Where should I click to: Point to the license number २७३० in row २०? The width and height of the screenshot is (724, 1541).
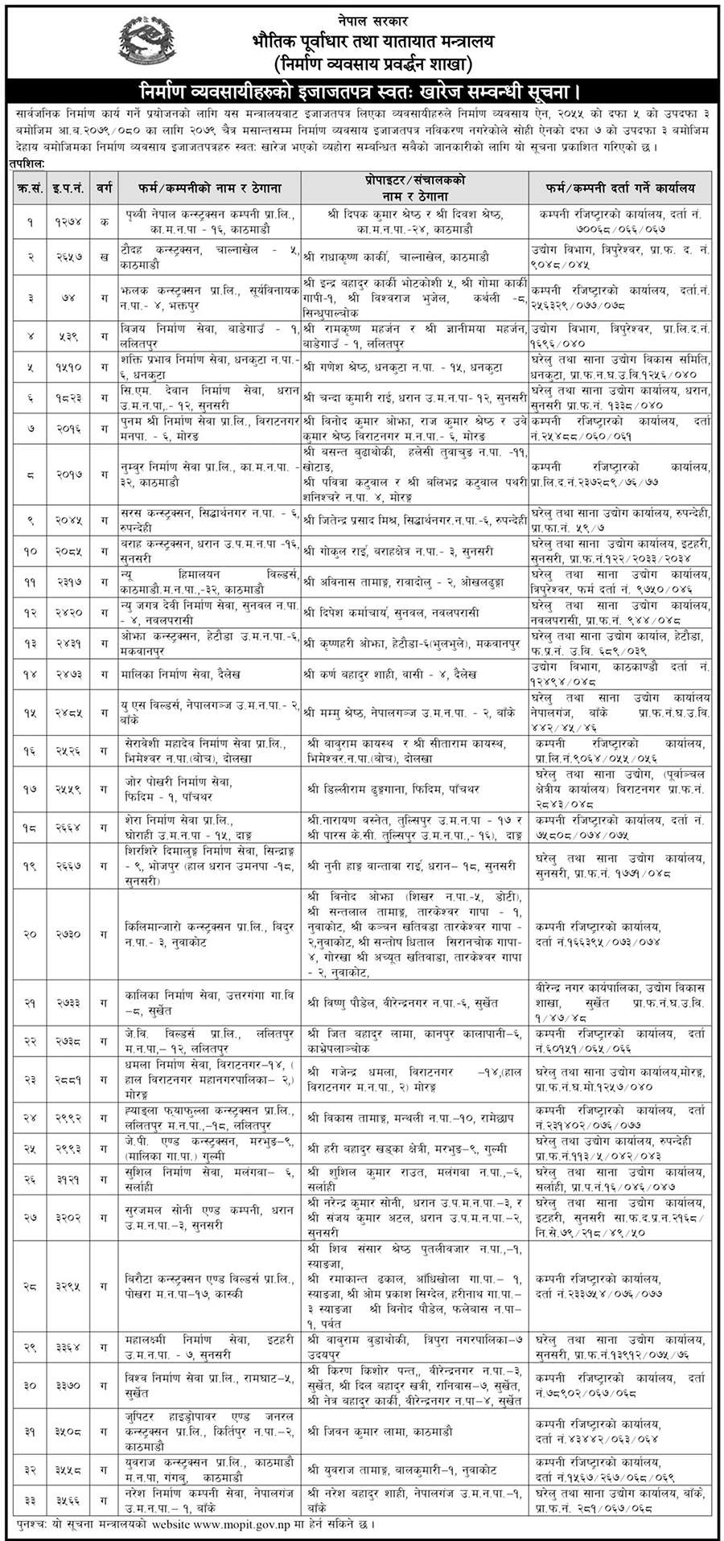(x=70, y=934)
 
